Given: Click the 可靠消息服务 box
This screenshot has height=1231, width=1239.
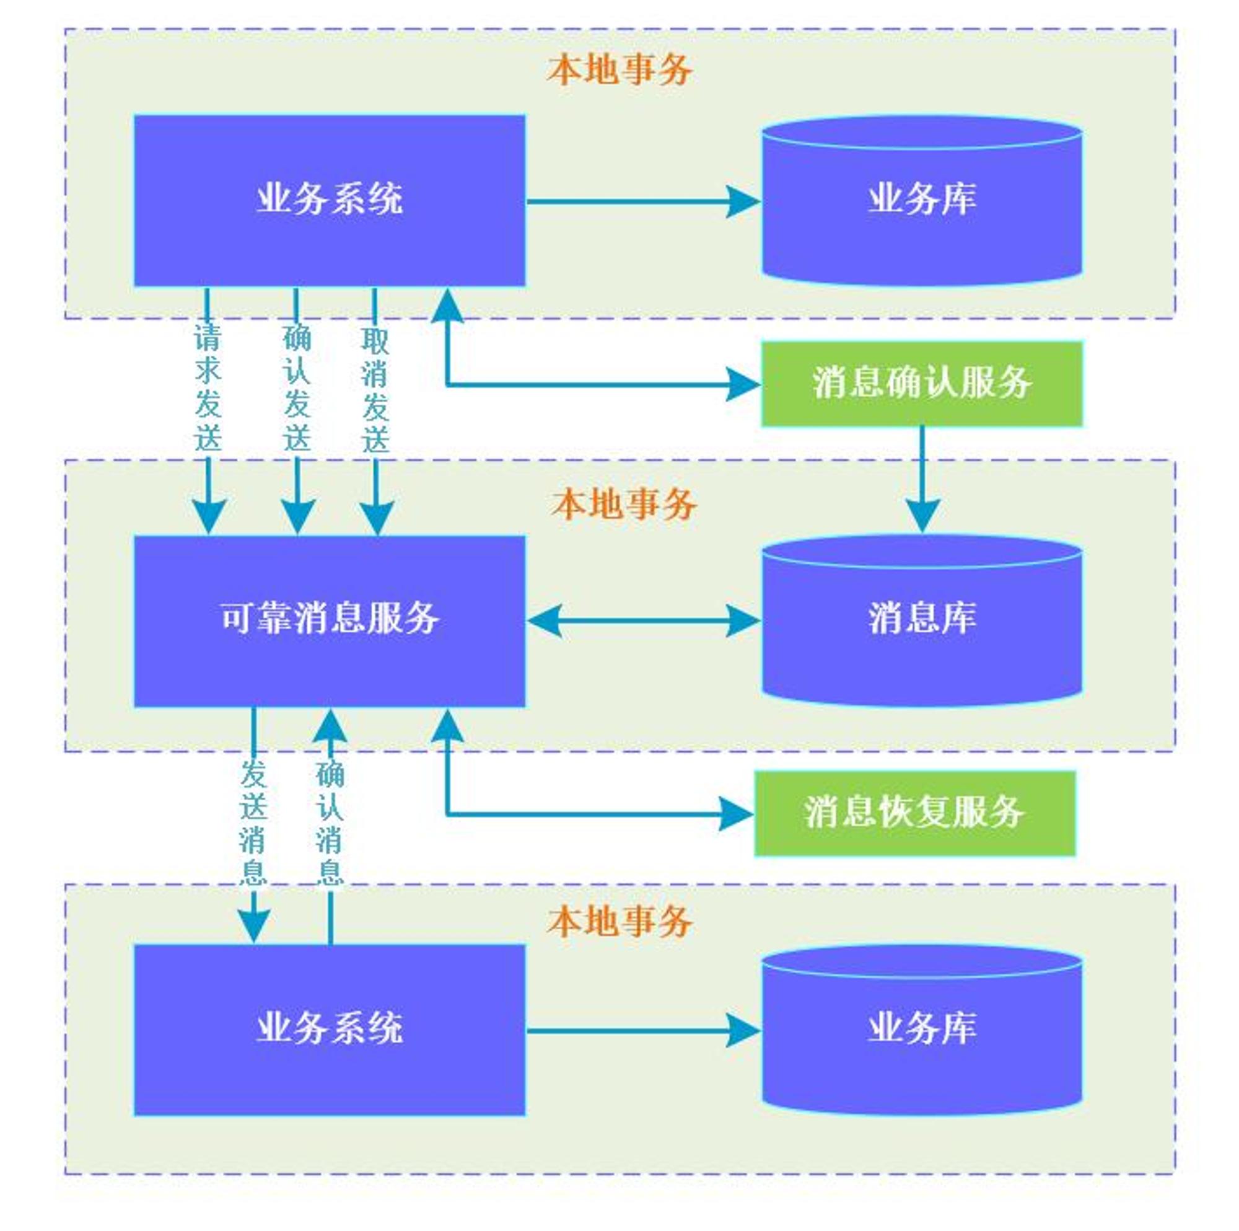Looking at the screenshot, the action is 330,620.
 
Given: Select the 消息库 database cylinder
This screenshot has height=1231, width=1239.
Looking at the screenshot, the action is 922,620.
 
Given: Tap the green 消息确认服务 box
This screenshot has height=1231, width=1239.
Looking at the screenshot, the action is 922,384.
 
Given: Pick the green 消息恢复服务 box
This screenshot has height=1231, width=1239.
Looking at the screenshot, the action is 915,813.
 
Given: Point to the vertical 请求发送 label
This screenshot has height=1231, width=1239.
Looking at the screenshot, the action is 208,387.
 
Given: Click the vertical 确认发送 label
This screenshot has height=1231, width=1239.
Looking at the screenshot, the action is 297,387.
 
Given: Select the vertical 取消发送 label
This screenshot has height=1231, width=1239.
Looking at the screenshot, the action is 376,390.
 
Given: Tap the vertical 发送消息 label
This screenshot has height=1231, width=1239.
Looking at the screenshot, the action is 253,823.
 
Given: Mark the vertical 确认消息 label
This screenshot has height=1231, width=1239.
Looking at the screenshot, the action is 330,823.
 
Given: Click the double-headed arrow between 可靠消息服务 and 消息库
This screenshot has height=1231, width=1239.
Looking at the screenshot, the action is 644,620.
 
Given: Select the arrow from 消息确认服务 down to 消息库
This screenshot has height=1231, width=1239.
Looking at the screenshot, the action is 922,480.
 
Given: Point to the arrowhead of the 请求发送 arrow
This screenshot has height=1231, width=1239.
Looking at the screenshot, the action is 208,518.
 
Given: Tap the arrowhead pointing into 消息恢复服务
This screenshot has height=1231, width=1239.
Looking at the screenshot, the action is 737,814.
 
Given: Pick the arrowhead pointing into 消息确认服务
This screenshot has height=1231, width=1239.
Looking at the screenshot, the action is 744,384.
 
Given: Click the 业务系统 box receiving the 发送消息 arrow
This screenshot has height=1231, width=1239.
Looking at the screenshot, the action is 330,1029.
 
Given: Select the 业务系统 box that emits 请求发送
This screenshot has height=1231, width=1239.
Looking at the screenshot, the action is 330,200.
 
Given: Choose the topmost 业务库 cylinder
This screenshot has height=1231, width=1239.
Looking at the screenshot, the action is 922,200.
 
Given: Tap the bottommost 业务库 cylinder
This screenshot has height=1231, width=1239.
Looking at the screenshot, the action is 922,1029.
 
